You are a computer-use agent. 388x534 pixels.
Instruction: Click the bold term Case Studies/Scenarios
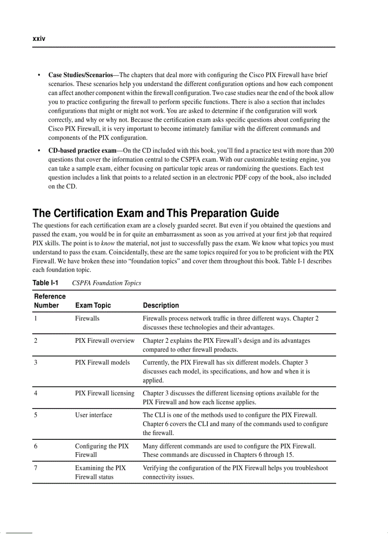tap(80, 75)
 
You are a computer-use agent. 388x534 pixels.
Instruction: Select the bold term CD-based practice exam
tap(82, 151)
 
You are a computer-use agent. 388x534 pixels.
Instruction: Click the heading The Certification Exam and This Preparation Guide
tap(155, 213)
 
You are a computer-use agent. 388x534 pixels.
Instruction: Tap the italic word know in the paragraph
tap(107, 243)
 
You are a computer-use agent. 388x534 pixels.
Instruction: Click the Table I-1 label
tap(45, 283)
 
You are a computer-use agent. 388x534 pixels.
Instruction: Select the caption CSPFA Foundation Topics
tap(107, 283)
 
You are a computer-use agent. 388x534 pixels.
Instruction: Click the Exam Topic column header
tap(93, 305)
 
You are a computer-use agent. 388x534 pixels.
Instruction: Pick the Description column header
tap(161, 305)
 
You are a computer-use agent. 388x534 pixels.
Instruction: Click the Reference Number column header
tap(49, 301)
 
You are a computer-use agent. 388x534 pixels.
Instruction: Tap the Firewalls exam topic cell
tap(87, 319)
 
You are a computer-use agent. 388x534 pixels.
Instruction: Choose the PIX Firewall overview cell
tap(105, 340)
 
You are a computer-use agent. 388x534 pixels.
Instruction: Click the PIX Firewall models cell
tap(102, 362)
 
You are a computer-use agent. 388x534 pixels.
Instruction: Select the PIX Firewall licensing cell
tap(105, 393)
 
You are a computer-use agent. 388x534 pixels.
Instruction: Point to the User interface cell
tap(94, 415)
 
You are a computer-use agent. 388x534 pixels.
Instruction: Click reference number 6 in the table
tap(36, 446)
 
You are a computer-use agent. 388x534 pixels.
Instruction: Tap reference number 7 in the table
tap(36, 468)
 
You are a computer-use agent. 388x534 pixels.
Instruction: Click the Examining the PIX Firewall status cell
tap(100, 472)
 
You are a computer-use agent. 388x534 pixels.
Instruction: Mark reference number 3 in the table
tap(36, 362)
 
